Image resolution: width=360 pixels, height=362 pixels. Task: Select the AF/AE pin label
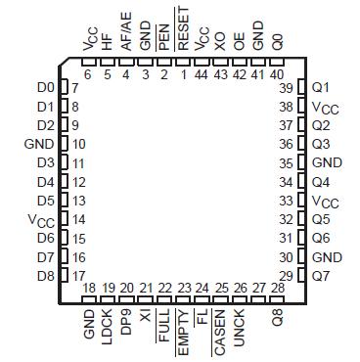126,39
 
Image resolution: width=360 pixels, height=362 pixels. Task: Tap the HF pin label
107,43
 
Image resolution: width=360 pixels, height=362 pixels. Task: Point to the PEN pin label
163,38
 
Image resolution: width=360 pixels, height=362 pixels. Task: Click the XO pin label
220,43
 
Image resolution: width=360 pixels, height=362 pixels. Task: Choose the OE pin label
239,43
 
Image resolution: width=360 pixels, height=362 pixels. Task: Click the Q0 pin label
277,43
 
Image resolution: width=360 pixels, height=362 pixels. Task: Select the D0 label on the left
45,88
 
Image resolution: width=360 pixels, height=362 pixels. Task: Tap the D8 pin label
45,275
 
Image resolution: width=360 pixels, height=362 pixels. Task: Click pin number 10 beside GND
77,145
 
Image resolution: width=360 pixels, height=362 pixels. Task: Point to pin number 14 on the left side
77,219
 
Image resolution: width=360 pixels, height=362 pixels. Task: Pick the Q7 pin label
321,275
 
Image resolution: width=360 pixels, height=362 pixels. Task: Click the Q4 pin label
321,182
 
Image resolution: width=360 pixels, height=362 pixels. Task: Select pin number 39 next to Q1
287,88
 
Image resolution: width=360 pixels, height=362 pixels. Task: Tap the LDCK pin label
107,326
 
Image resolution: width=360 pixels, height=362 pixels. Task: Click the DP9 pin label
126,323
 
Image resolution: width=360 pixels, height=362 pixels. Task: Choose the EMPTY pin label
183,331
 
